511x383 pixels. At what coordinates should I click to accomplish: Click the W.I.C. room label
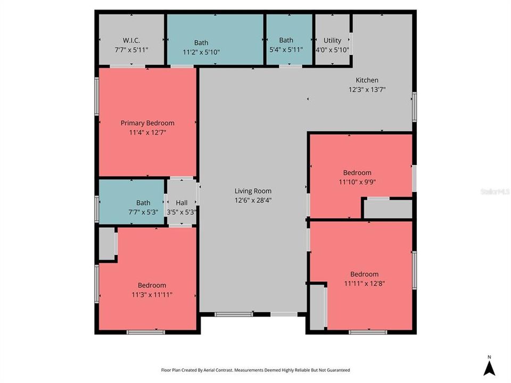point(131,40)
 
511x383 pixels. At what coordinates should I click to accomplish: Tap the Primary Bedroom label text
point(147,123)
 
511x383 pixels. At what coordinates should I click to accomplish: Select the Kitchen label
point(367,80)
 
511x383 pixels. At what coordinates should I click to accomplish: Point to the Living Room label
point(253,191)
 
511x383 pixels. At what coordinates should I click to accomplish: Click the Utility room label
point(332,40)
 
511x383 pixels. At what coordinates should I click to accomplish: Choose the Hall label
point(182,203)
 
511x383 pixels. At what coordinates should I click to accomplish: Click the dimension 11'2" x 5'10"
point(201,52)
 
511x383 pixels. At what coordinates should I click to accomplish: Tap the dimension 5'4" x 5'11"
point(286,49)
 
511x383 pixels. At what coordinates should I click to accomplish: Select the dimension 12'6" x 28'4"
point(253,200)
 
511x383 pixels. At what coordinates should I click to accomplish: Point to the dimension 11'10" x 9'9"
point(357,182)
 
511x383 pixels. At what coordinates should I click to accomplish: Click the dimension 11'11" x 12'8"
point(364,284)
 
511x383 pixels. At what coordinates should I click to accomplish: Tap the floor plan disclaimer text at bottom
point(256,370)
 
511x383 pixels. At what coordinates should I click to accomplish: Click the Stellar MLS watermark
point(494,190)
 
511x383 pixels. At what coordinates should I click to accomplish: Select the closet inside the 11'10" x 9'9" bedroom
point(388,209)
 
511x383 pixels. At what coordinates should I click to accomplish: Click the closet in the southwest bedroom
point(107,244)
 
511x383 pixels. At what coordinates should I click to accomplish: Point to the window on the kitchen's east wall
point(414,103)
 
